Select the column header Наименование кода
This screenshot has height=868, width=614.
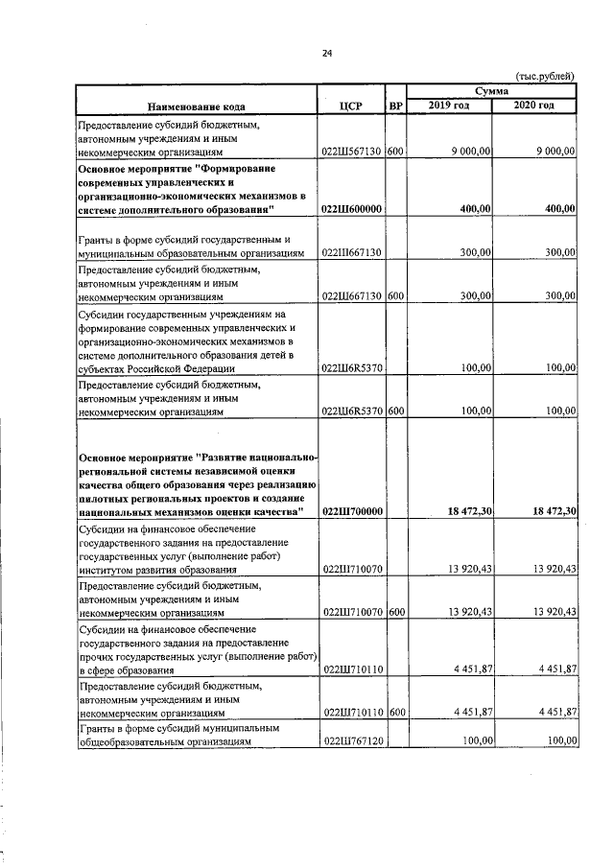click(198, 105)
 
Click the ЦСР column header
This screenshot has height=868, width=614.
click(350, 105)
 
